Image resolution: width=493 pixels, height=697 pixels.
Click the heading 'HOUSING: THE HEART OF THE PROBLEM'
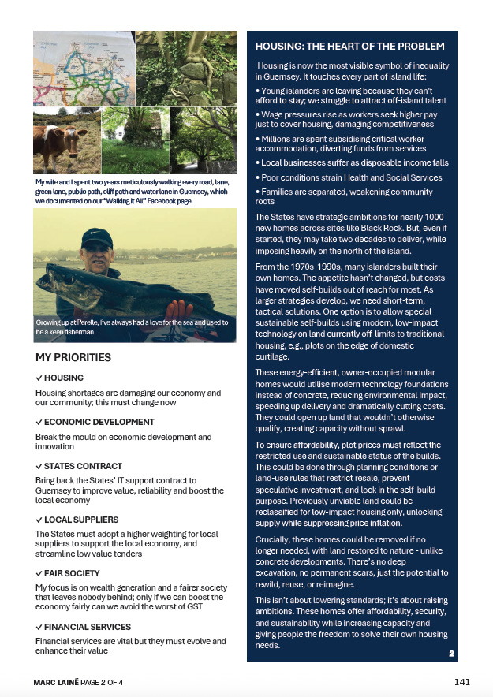[349, 47]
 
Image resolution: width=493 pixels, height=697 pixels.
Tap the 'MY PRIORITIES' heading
[73, 357]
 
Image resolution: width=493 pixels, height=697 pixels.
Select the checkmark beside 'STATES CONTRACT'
[39, 466]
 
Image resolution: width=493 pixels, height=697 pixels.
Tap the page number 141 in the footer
[464, 681]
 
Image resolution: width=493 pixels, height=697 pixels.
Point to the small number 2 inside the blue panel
[451, 653]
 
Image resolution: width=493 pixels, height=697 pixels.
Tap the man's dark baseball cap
[97, 237]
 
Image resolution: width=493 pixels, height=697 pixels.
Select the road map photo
[84, 68]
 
